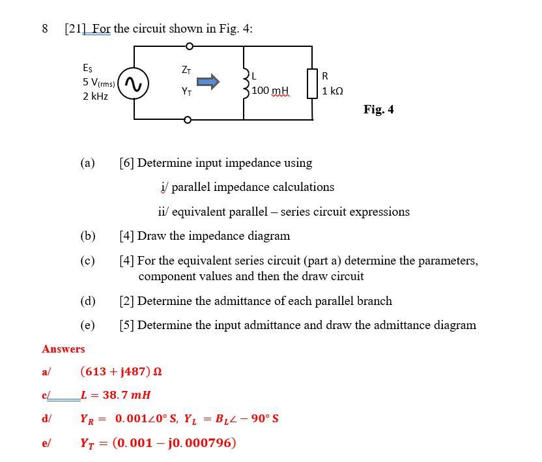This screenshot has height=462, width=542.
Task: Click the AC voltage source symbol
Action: [134, 83]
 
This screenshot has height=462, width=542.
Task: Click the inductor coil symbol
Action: [246, 83]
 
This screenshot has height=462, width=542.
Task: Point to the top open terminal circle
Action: [189, 46]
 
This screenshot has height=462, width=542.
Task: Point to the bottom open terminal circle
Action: [189, 120]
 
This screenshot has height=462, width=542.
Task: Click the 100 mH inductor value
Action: [270, 91]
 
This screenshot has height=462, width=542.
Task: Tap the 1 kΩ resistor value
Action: [332, 91]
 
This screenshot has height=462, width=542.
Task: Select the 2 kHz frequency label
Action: [96, 96]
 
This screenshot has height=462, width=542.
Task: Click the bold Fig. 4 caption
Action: [378, 109]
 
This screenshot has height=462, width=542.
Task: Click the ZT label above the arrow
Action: [186, 69]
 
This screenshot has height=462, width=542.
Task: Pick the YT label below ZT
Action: [186, 92]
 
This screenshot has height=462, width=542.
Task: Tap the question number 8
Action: [45, 29]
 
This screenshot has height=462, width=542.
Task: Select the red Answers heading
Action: [63, 349]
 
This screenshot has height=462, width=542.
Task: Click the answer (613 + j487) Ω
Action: [121, 372]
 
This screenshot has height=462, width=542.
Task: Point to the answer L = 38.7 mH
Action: [116, 395]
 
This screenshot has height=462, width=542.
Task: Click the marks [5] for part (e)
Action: [127, 325]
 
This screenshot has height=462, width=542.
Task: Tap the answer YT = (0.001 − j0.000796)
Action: [158, 443]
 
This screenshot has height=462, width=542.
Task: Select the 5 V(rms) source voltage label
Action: [98, 83]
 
